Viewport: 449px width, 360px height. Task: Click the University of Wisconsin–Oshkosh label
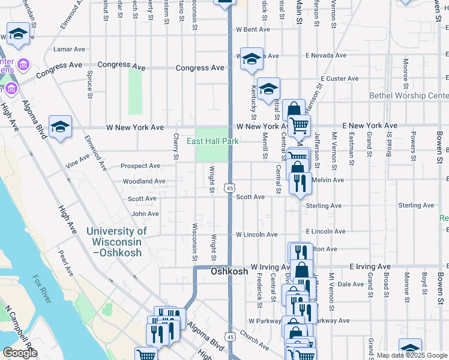pyautogui.click(x=116, y=242)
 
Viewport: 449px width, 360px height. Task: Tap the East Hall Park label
pyautogui.click(x=212, y=142)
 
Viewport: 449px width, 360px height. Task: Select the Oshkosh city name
pyautogui.click(x=229, y=272)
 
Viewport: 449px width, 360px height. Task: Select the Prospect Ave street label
pyautogui.click(x=140, y=166)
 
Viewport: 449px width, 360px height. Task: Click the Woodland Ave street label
pyautogui.click(x=143, y=181)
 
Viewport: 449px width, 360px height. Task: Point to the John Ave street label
pyautogui.click(x=145, y=214)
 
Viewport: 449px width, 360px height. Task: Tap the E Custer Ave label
pyautogui.click(x=339, y=79)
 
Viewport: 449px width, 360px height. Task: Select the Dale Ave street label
pyautogui.click(x=348, y=284)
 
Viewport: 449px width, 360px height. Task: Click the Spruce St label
pyautogui.click(x=89, y=85)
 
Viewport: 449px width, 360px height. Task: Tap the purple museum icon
pyautogui.click(x=24, y=64)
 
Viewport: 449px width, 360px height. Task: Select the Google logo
pyautogui.click(x=20, y=353)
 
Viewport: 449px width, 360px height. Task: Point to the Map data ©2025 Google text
pyautogui.click(x=412, y=355)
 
